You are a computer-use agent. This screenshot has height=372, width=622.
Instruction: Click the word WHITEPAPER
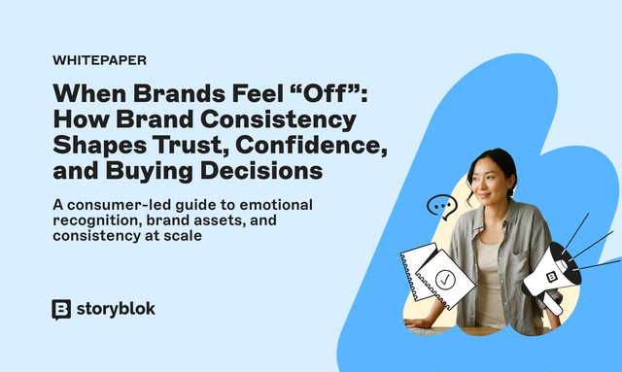click(x=99, y=60)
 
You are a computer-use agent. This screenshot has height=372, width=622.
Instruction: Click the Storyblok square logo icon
click(x=61, y=309)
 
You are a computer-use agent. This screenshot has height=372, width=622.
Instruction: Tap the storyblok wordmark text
click(x=115, y=309)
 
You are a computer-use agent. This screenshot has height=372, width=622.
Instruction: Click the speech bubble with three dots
click(x=442, y=207)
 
